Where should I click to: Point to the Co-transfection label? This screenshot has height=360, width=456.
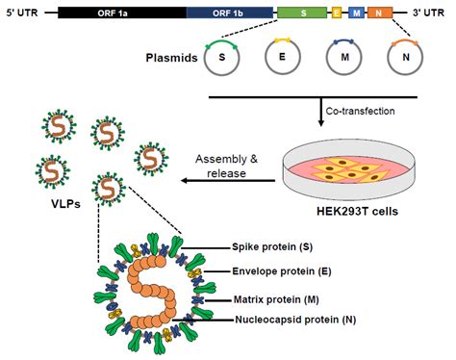point(361,111)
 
